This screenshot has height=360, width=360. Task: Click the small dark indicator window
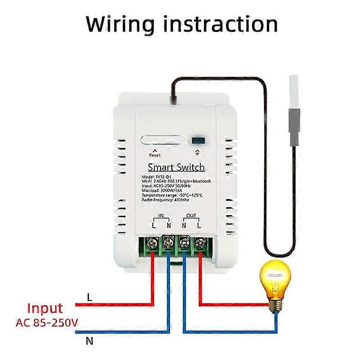coord(196,140)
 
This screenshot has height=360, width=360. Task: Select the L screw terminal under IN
coord(153,243)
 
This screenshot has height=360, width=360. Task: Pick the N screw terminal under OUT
coord(184,243)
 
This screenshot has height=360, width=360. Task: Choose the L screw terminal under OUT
coord(198,243)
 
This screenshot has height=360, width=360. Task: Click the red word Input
coord(45,309)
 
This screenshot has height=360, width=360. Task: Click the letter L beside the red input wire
coord(89,297)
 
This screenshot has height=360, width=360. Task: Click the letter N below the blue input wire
coord(90,341)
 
